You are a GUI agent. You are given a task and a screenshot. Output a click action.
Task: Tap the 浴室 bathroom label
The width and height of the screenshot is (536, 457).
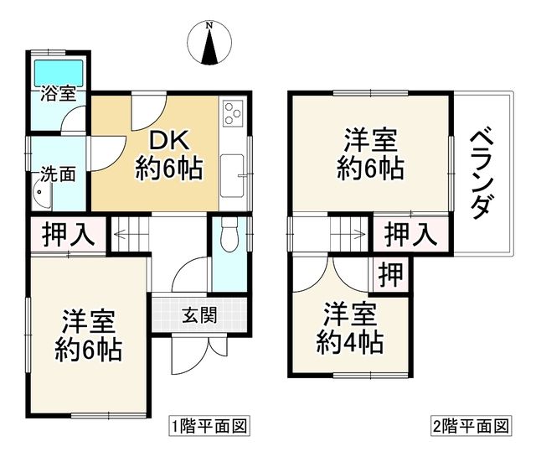coord(59,93)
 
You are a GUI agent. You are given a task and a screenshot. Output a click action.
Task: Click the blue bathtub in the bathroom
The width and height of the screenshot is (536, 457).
coord(59,69)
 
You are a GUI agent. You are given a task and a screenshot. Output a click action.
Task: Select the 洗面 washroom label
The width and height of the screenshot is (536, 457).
coord(59,175)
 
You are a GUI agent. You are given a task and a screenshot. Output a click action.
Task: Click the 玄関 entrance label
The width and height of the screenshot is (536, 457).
coord(199,316)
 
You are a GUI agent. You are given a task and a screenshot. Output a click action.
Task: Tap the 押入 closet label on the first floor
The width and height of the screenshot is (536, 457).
coord(69,235)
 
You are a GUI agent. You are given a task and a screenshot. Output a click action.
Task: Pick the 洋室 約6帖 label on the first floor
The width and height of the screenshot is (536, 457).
coord(88,335)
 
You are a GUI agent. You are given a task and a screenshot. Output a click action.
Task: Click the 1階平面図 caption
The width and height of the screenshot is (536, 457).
coord(209,426)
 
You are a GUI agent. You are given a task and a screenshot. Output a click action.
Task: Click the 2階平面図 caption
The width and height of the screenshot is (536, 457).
coord(470,426)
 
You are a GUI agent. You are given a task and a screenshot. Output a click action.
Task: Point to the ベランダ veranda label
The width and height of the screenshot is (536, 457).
coord(480,173)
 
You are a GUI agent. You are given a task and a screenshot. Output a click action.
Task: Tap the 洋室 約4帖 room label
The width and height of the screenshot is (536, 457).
coord(351,329)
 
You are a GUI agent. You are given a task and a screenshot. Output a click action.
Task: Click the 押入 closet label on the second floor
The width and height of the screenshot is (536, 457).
coord(410,234)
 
